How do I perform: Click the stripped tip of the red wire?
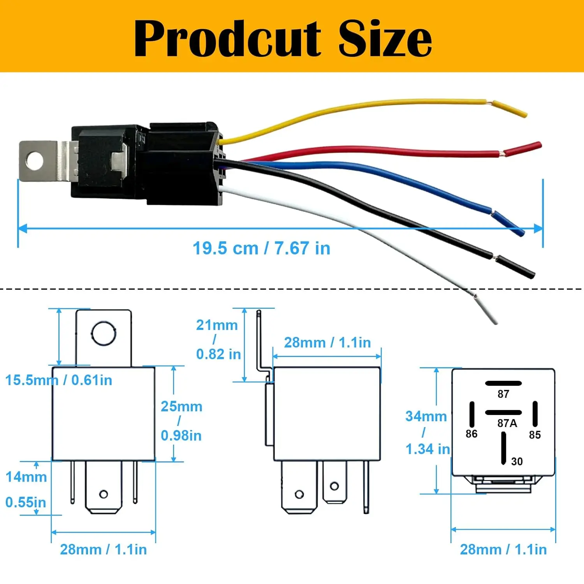click(x=523, y=150)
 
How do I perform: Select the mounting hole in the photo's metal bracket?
click(x=35, y=160)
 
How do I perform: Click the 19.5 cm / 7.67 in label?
click(x=261, y=248)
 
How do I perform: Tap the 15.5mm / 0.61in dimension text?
click(x=58, y=380)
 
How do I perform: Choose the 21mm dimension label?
click(x=217, y=325)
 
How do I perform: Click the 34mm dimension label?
click(x=426, y=416)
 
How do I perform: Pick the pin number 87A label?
click(x=507, y=423)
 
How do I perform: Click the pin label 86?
click(x=471, y=434)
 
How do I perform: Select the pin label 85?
click(x=535, y=435)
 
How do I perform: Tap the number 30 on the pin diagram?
click(x=517, y=461)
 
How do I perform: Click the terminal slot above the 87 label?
click(x=503, y=383)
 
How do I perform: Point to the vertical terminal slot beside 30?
click(x=503, y=448)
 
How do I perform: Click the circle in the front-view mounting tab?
click(x=104, y=334)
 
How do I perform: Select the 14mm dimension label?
click(x=26, y=477)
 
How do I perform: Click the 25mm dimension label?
click(x=181, y=406)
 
